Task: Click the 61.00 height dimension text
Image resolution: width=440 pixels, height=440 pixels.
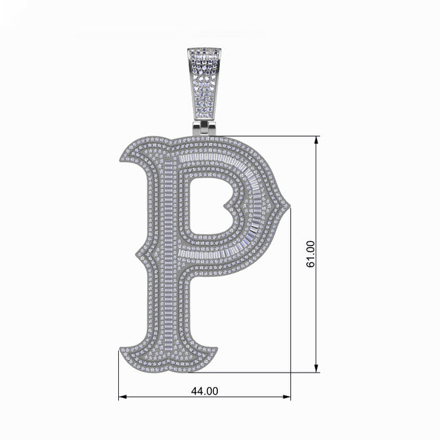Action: coord(311,254)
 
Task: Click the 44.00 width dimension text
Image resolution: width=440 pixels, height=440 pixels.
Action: coord(204,390)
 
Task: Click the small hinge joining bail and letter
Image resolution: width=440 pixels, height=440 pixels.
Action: coord(205,128)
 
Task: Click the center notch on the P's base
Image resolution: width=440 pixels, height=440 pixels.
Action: coord(168,365)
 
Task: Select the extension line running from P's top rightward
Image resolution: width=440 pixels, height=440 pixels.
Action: coord(268,136)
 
